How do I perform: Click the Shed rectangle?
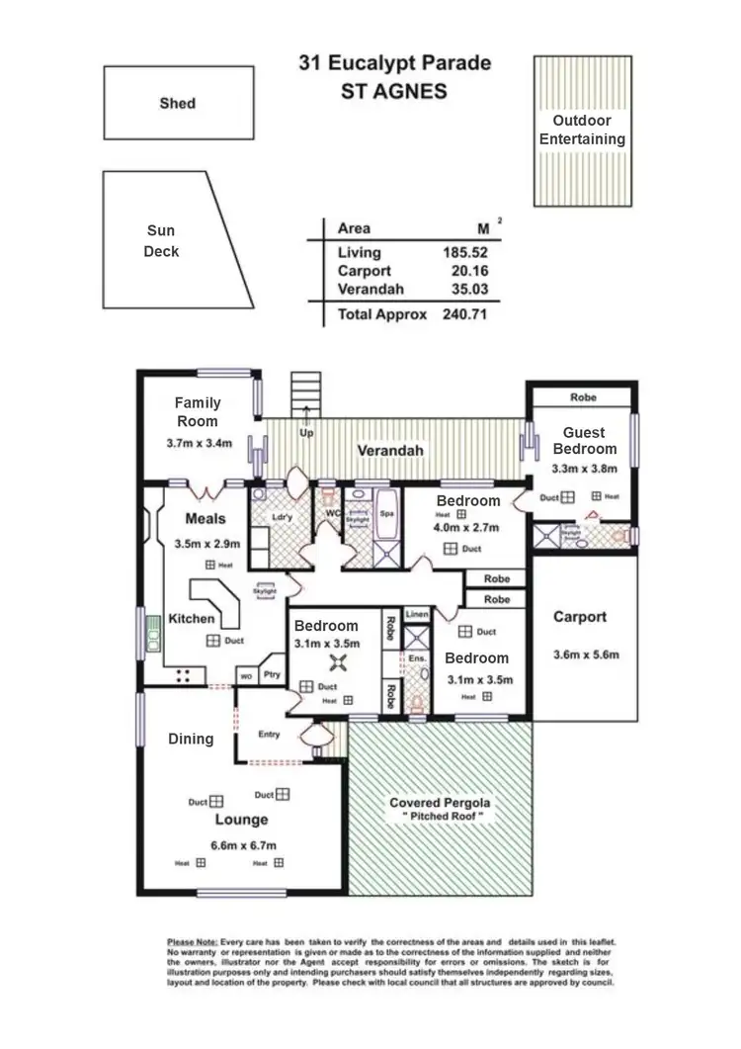(x=177, y=103)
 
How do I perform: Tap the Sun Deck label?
(x=161, y=241)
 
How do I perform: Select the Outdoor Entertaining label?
(x=582, y=131)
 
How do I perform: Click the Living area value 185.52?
(x=465, y=253)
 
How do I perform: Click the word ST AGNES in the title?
(x=394, y=92)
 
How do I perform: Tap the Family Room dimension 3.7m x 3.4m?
(x=198, y=443)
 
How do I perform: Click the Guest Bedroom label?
(x=584, y=441)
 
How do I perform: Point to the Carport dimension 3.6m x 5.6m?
(x=579, y=655)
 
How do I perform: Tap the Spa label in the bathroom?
(x=387, y=514)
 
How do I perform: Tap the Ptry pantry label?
(x=273, y=675)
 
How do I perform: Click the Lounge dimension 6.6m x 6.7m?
(x=241, y=844)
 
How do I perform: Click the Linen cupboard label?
(x=417, y=614)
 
